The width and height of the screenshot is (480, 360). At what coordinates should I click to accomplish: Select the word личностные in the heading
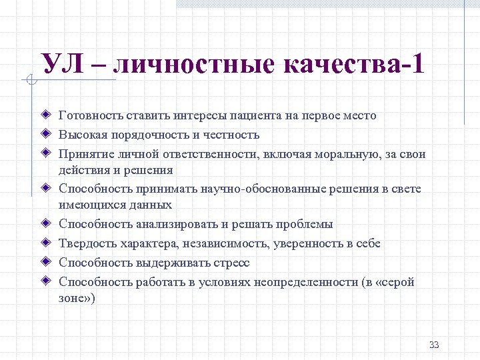click(x=193, y=65)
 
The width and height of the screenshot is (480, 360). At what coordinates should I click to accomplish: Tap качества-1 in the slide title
click(x=353, y=65)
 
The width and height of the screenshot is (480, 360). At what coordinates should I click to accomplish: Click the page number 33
click(x=434, y=345)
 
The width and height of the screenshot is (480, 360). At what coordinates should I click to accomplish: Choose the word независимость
click(x=212, y=244)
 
